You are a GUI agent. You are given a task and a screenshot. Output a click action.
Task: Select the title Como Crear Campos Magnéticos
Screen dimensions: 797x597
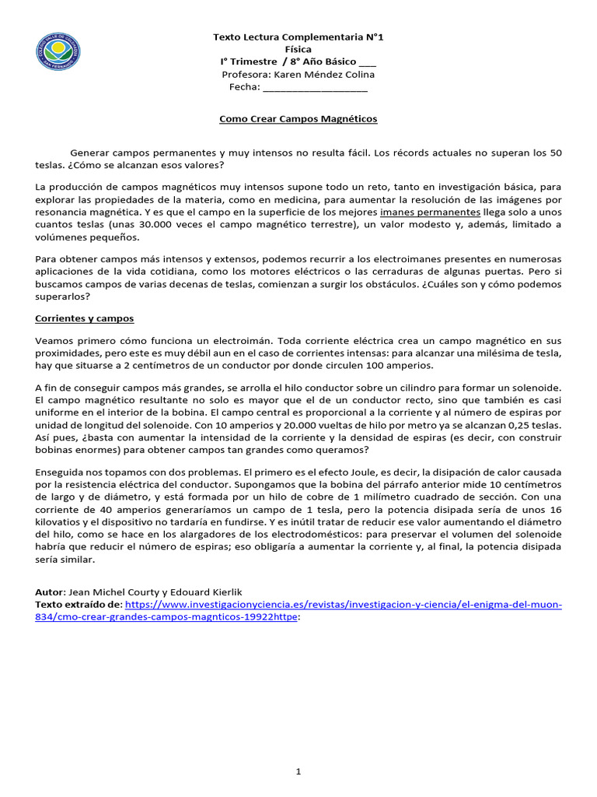coord(298,119)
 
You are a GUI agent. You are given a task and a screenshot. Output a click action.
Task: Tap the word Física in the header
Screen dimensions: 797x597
coord(298,49)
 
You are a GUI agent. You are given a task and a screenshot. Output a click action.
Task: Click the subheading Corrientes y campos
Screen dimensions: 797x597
coord(85,318)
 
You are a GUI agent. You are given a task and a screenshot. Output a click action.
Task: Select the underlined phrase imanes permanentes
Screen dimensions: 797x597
coord(430,212)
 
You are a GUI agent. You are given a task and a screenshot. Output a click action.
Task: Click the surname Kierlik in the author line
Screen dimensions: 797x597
coord(230,592)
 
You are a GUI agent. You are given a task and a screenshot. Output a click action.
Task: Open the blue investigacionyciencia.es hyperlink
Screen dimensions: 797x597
coord(342,604)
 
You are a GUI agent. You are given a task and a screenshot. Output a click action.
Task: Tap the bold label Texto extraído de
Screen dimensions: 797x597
coord(79,604)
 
